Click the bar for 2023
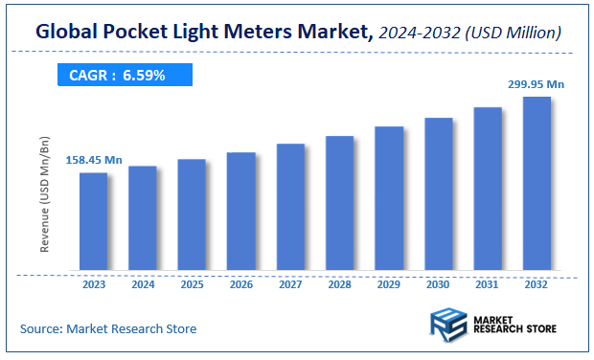click(93, 221)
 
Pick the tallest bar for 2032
click(537, 183)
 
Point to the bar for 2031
click(488, 189)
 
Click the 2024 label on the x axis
click(143, 284)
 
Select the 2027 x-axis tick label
click(290, 284)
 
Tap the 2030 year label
click(438, 284)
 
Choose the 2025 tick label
click(192, 284)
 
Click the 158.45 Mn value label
click(94, 159)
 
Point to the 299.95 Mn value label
click(535, 84)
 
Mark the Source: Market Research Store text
click(108, 328)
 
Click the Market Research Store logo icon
click(448, 326)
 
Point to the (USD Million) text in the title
click(512, 33)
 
